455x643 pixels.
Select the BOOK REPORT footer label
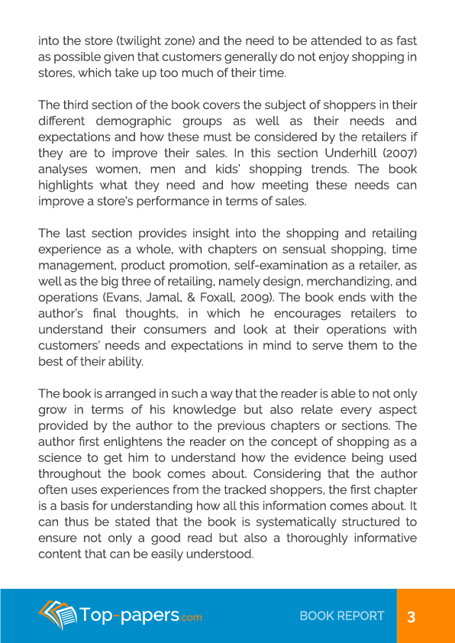coord(342,616)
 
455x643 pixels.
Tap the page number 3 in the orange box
coord(411,616)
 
